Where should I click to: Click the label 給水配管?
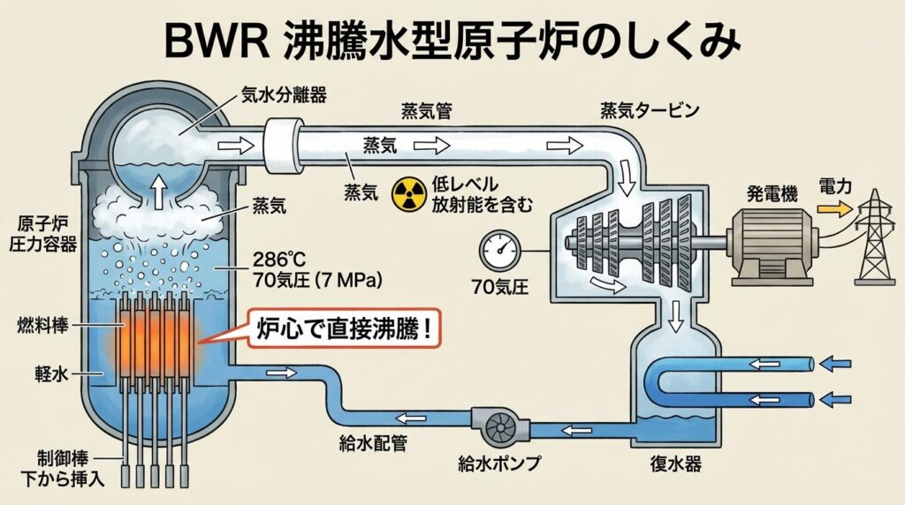372,442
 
